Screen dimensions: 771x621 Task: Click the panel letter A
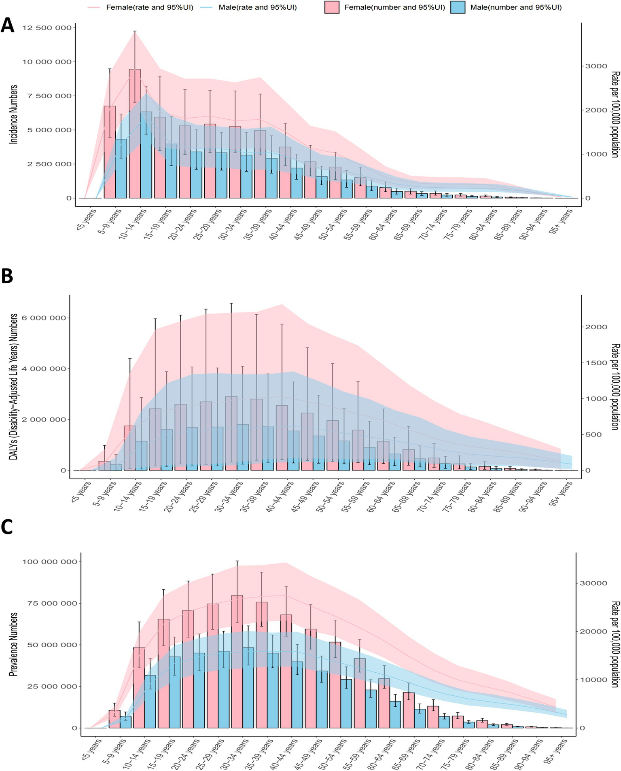pos(8,26)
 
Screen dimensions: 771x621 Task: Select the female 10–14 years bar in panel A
pos(135,133)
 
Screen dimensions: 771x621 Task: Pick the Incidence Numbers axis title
pos(14,114)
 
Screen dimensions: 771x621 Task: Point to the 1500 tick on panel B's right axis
pos(597,363)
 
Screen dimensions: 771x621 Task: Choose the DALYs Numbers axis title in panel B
pos(14,386)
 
